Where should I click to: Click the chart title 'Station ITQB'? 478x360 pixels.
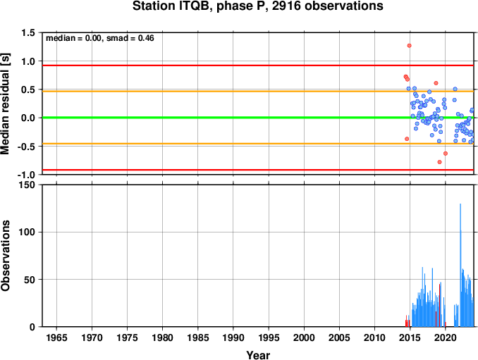click(x=173, y=6)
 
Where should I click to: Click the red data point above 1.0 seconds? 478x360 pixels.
click(x=409, y=46)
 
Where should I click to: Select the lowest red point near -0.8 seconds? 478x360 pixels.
click(x=440, y=162)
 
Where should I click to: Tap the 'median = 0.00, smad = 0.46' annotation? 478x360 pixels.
click(x=100, y=38)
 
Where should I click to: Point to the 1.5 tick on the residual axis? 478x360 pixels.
click(x=28, y=32)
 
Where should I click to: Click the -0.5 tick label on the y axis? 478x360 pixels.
click(x=27, y=147)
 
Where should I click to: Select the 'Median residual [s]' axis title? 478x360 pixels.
click(x=5, y=104)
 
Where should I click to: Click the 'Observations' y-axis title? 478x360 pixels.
click(x=5, y=256)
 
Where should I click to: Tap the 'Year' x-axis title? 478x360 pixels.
click(x=258, y=355)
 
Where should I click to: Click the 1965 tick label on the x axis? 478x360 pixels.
click(x=56, y=337)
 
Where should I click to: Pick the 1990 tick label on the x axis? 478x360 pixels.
click(x=233, y=337)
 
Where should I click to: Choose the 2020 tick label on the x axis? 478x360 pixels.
click(x=446, y=337)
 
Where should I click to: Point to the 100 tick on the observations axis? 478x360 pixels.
click(x=27, y=232)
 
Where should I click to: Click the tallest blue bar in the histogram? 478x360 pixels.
click(x=460, y=265)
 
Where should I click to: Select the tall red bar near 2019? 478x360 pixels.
click(x=440, y=305)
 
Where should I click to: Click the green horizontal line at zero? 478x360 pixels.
click(x=258, y=118)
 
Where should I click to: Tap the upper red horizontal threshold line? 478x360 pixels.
click(x=258, y=66)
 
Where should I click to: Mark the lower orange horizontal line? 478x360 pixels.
click(x=258, y=144)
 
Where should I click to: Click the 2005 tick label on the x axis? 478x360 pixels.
click(x=339, y=337)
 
